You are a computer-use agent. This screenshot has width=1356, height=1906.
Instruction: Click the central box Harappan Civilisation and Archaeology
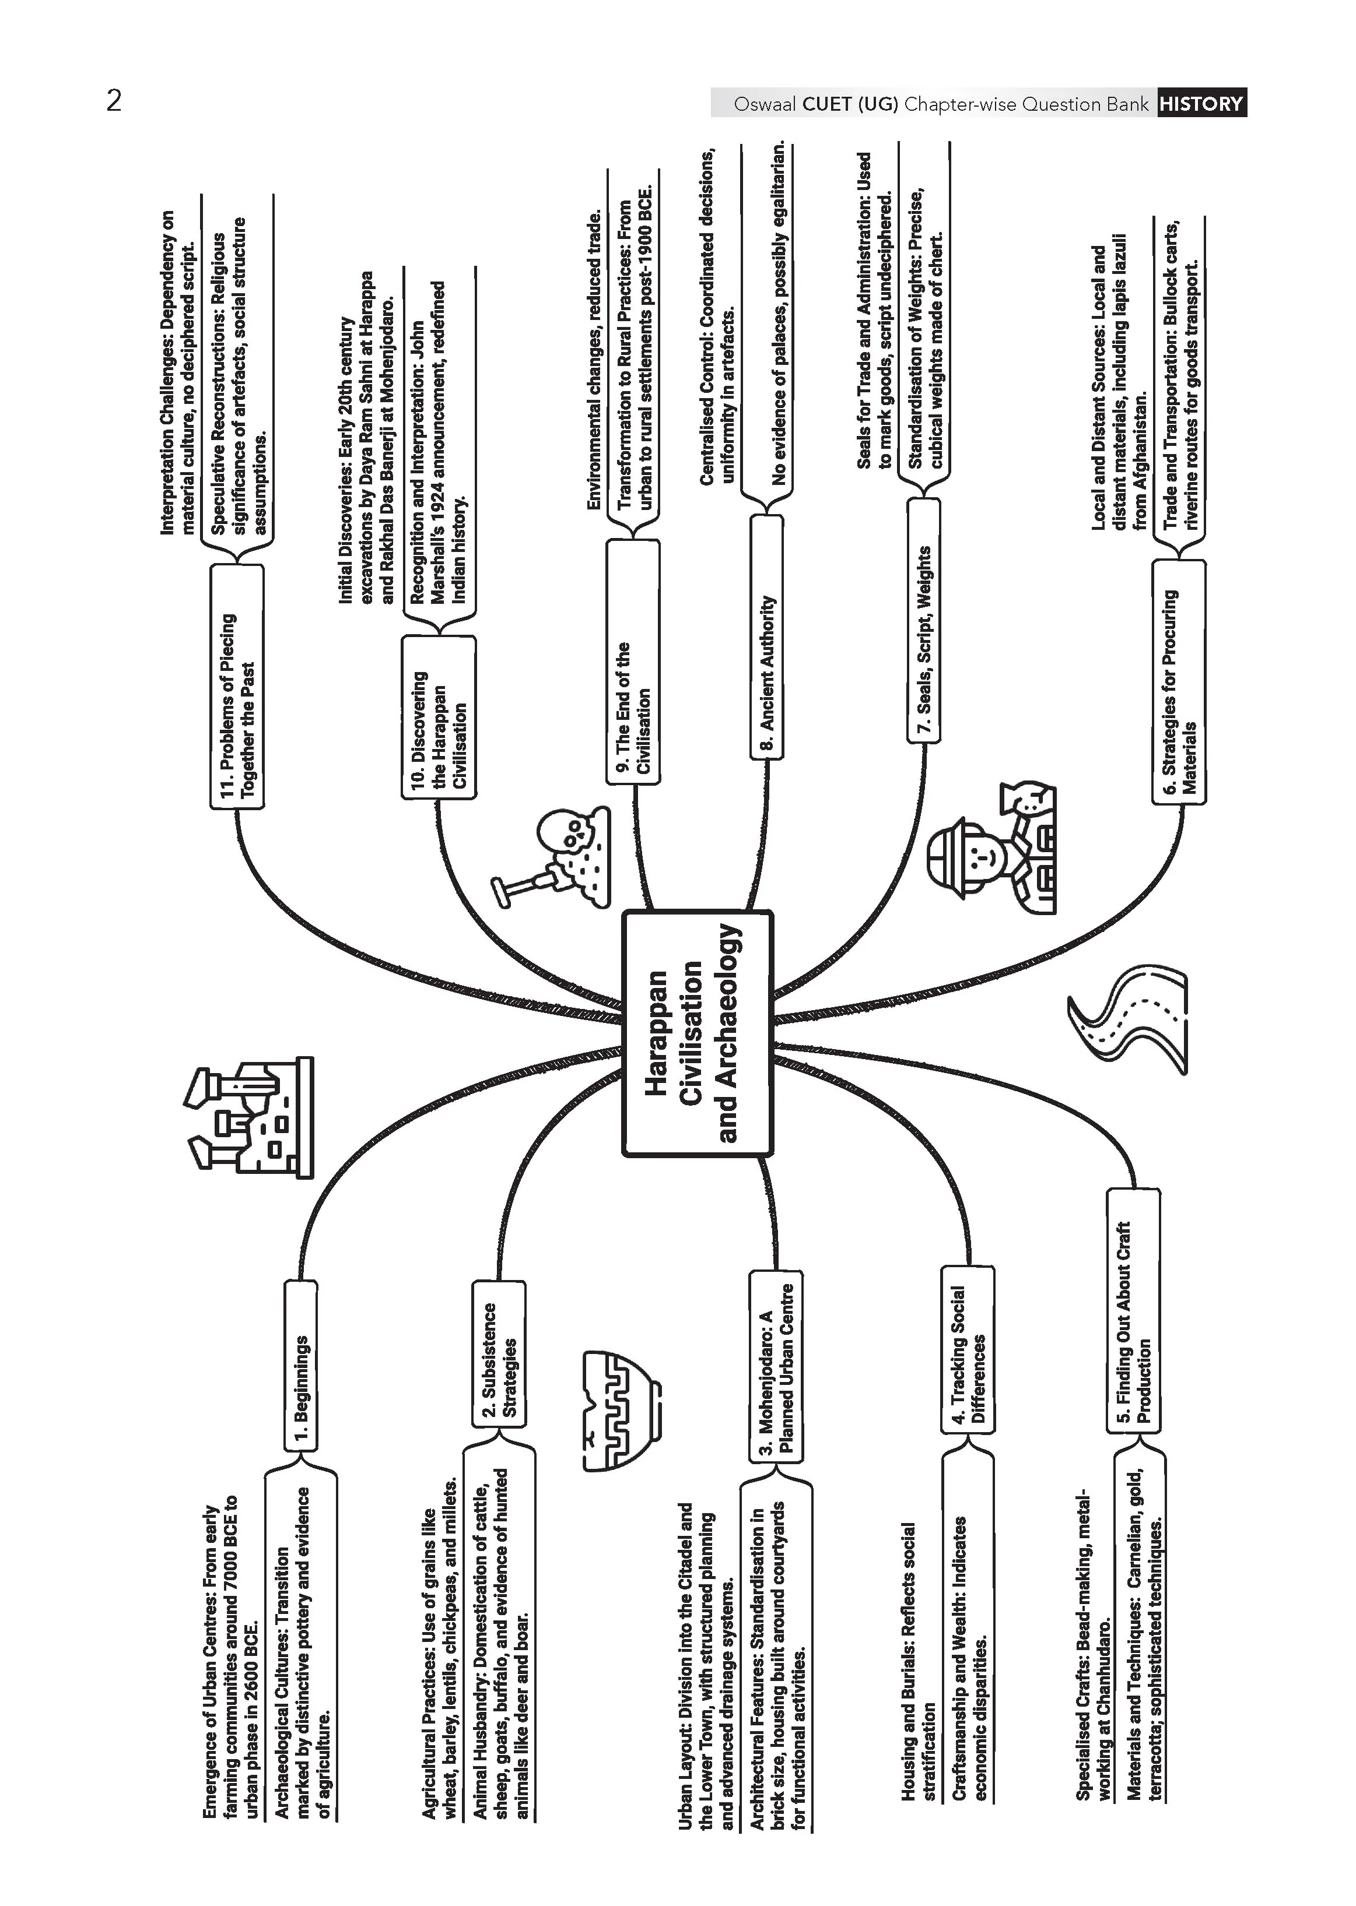[x=697, y=1033]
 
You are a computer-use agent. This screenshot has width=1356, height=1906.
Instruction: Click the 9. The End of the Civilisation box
[x=633, y=662]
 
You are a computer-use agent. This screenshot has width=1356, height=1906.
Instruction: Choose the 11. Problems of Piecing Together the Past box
[x=236, y=687]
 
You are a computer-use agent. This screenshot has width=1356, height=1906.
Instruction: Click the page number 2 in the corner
[x=114, y=101]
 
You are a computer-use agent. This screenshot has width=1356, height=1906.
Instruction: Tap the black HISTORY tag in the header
[x=1201, y=104]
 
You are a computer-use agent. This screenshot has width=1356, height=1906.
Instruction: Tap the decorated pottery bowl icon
[x=621, y=1411]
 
